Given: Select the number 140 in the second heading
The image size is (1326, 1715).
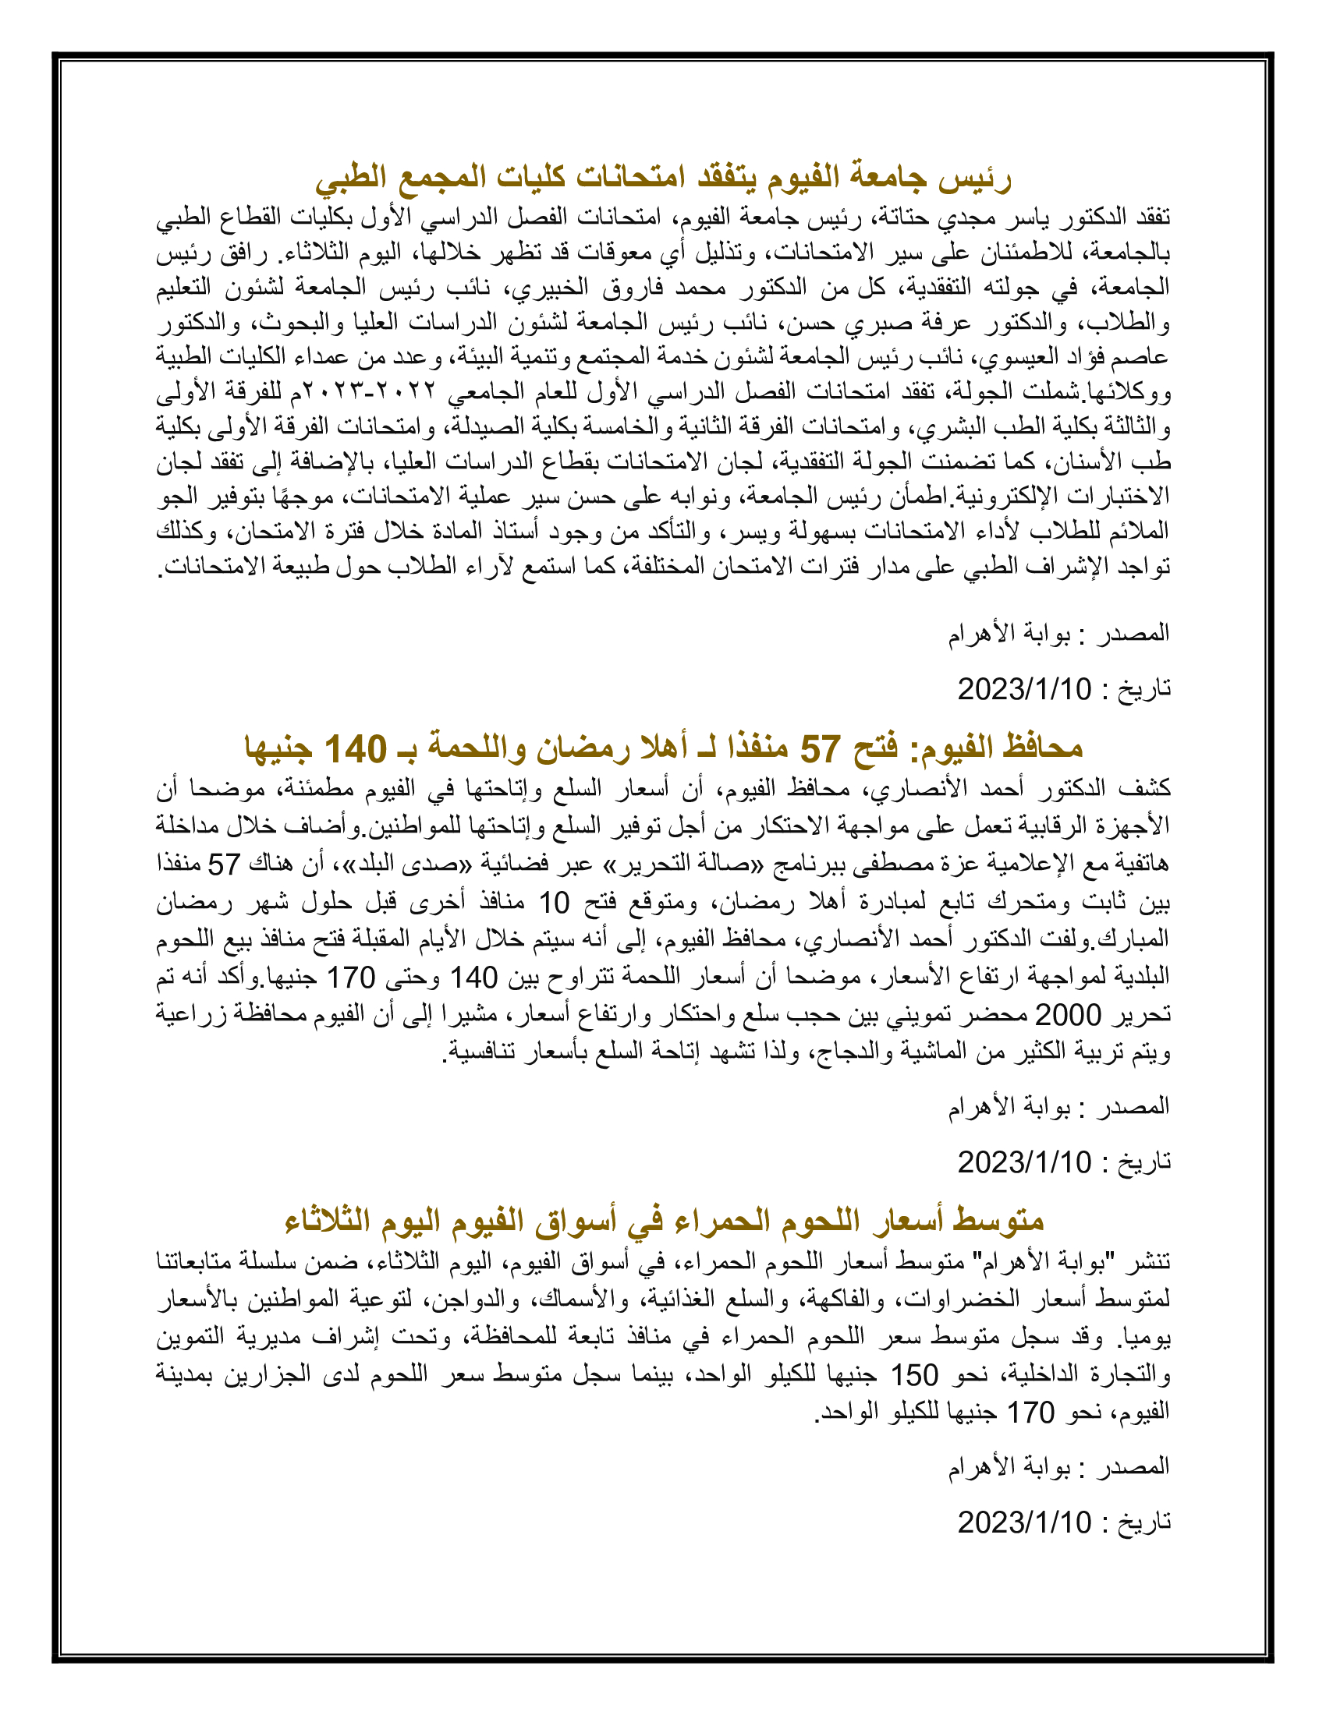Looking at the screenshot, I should (x=355, y=749).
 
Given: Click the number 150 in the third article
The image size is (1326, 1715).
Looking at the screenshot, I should (x=914, y=1375).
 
